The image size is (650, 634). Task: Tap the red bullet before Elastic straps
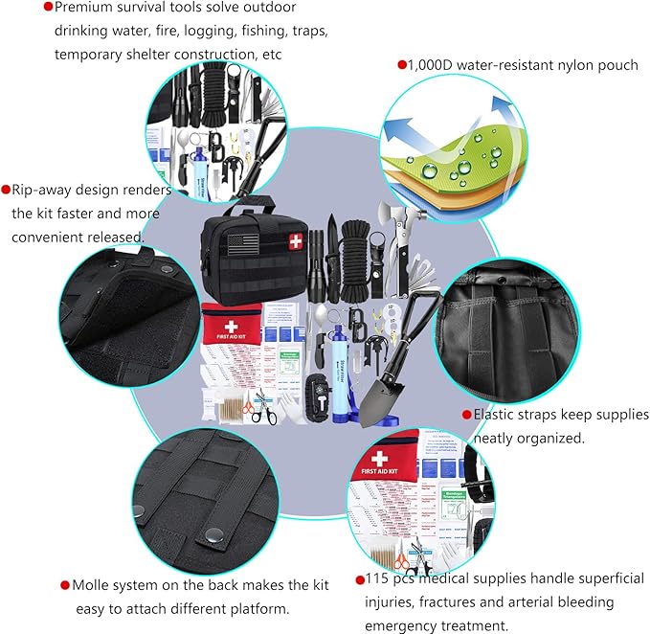pyautogui.click(x=466, y=416)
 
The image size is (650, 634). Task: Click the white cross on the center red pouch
pyautogui.click(x=231, y=328)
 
